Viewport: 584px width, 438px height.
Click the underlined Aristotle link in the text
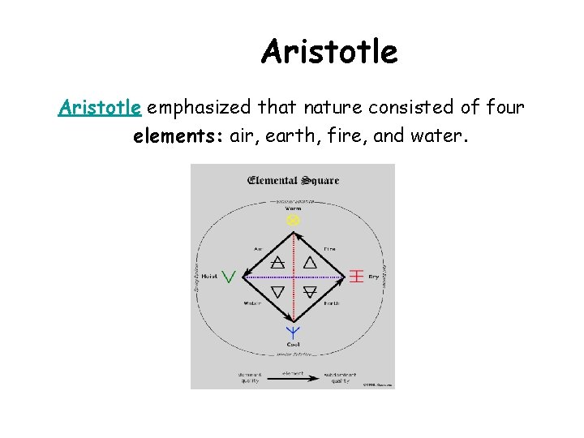pos(101,108)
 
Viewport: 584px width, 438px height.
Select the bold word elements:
pos(178,136)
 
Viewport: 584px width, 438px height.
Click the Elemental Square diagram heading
pos(293,180)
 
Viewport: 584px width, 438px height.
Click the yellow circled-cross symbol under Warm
pos(293,220)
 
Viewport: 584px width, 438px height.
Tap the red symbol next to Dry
pos(355,276)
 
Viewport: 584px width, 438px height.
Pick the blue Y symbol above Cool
pos(293,332)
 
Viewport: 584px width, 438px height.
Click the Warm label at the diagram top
pos(293,208)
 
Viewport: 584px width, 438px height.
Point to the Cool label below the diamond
pos(293,345)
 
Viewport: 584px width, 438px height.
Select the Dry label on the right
pos(374,277)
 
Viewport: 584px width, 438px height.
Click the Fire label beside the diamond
pos(329,249)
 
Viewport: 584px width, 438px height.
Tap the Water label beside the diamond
pos(252,303)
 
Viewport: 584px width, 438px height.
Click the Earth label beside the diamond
pos(331,303)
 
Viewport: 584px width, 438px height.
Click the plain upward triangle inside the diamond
pos(309,262)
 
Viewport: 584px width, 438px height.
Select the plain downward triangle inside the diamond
pos(277,291)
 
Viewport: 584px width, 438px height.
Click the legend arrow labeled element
pos(293,376)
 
